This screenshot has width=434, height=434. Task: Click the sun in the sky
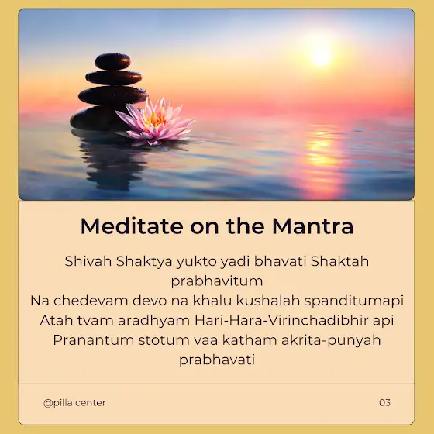[321, 56]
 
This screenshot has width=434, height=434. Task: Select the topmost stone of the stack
[112, 61]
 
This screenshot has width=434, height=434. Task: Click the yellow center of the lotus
[155, 119]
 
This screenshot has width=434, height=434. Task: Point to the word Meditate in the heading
[132, 226]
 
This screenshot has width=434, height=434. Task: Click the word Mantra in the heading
[313, 226]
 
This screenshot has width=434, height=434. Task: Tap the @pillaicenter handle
[74, 403]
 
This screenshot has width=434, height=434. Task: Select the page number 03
[384, 402]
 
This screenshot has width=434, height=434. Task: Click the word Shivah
[88, 261]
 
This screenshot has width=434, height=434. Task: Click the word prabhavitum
[217, 281]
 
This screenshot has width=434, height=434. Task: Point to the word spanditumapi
[354, 301]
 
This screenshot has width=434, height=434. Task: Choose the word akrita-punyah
[331, 340]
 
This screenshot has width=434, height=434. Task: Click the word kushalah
[268, 301]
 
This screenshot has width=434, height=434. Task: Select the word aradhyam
[154, 321]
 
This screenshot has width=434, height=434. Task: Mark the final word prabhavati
[217, 360]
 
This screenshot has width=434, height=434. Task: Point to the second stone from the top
[114, 77]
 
